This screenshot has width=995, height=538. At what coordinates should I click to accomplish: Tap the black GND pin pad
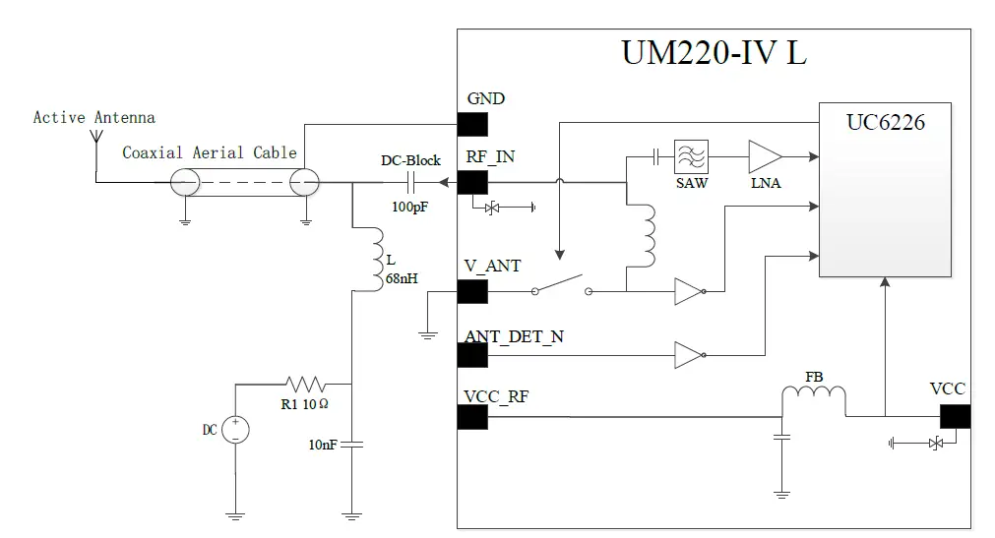[472, 125]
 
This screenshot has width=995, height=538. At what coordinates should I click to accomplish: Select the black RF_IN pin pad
[472, 183]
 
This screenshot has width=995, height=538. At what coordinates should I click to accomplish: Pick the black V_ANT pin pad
[472, 291]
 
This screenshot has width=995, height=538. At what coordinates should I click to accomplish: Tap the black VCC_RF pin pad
[472, 417]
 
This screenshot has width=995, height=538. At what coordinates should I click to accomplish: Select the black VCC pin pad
[954, 417]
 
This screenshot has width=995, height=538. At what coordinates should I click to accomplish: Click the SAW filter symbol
[691, 155]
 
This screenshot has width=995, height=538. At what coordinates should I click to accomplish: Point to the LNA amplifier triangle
[765, 155]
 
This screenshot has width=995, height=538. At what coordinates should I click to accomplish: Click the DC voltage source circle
[235, 430]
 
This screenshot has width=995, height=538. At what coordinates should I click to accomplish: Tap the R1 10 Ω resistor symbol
[305, 384]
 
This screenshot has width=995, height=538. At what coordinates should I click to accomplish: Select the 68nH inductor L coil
[379, 258]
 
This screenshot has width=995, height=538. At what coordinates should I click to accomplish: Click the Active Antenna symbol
[96, 135]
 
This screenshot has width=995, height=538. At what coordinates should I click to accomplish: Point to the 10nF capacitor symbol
[351, 445]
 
